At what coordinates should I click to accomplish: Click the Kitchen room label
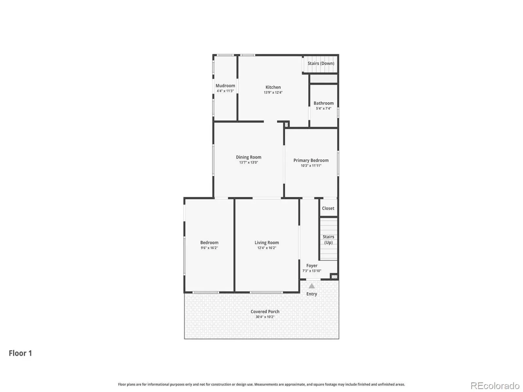(x=273, y=87)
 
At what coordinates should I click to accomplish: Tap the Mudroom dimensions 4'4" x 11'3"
(x=225, y=91)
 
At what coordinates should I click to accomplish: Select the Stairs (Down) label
(x=321, y=63)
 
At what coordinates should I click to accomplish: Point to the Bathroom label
(x=323, y=103)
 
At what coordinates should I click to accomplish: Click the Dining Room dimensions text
(x=248, y=163)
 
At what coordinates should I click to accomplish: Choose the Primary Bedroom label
(x=311, y=160)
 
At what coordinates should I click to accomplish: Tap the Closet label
(x=328, y=208)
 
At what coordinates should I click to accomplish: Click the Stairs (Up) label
(x=328, y=240)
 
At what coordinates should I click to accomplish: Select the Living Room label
(x=267, y=242)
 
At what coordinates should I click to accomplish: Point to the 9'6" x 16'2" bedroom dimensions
(x=209, y=248)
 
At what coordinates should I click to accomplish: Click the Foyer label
(x=312, y=266)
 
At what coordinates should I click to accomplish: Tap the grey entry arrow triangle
(x=312, y=286)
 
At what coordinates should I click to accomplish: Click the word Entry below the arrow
(x=312, y=294)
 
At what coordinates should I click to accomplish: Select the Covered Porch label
(x=265, y=312)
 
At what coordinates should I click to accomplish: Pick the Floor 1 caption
(x=20, y=353)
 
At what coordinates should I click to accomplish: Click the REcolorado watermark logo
(x=495, y=385)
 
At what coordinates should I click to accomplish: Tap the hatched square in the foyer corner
(x=334, y=277)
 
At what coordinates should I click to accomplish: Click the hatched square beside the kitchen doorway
(x=286, y=124)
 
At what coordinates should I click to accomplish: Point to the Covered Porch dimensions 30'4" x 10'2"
(x=265, y=317)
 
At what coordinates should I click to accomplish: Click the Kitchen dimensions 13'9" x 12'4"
(x=273, y=92)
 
